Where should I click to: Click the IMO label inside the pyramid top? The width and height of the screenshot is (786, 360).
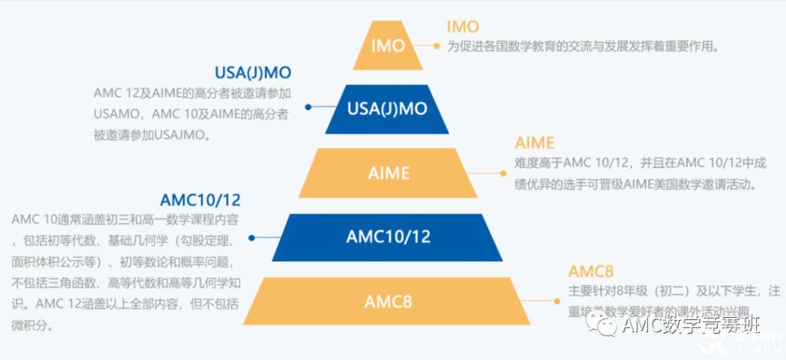(x=388, y=45)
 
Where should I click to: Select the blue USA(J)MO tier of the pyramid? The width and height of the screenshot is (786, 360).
(x=387, y=108)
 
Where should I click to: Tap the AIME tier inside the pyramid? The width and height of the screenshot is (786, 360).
(x=388, y=173)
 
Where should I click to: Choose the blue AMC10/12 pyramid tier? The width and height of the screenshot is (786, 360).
(x=389, y=236)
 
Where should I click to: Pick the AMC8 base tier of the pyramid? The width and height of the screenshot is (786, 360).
(x=388, y=301)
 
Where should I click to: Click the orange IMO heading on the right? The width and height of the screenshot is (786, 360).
(x=462, y=27)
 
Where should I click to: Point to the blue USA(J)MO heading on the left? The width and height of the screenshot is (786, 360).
(x=253, y=73)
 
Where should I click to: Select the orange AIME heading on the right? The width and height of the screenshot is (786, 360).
(x=534, y=143)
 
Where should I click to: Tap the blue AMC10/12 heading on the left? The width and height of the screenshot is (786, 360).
(x=200, y=200)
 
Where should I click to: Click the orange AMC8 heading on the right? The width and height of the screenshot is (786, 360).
(x=589, y=271)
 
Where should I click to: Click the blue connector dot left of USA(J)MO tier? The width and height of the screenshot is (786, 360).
(x=308, y=107)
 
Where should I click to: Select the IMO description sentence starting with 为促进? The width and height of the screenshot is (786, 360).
(x=583, y=46)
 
